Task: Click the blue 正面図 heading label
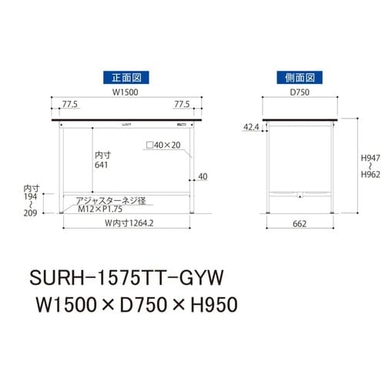pyautogui.click(x=125, y=78)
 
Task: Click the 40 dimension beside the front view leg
pyautogui.click(x=203, y=177)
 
